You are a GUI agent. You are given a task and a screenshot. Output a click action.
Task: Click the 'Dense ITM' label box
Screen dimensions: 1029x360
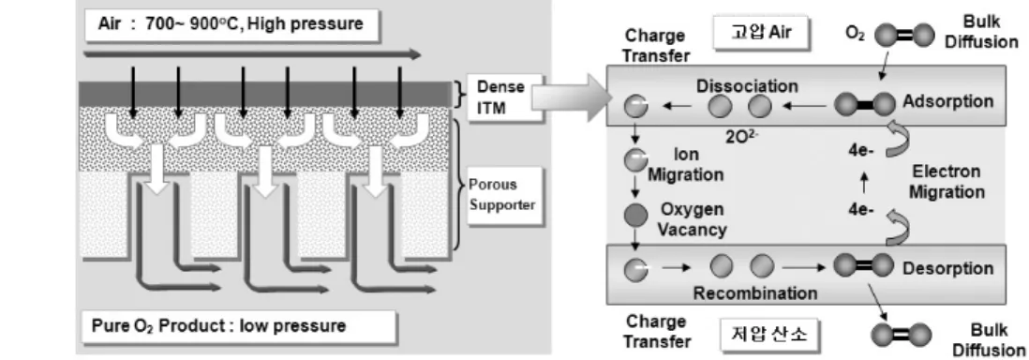point(504,97)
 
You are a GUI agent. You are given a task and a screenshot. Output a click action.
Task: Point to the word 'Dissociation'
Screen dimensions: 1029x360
point(748,86)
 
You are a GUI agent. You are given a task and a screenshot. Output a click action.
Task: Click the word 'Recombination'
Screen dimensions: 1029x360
point(755,292)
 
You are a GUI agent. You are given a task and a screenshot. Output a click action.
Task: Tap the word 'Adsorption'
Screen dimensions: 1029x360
point(947,102)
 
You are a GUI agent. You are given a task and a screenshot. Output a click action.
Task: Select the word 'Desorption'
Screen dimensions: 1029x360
point(947,268)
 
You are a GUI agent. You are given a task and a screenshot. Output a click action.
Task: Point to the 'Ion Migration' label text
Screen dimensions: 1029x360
point(686,164)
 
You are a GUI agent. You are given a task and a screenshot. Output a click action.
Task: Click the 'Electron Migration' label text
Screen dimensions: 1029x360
point(947,182)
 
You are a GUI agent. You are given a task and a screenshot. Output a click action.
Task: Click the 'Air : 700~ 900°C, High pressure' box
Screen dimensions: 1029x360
point(232,25)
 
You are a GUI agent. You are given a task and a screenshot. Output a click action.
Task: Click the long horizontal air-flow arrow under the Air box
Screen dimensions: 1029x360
point(252,53)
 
